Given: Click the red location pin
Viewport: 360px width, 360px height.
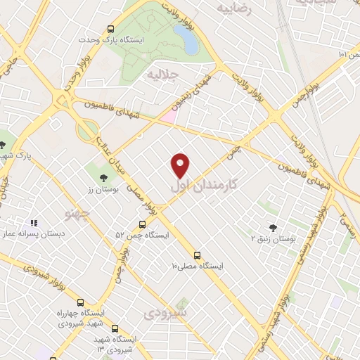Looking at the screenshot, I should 181,165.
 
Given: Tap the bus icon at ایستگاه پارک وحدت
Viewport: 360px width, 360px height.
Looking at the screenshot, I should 110,29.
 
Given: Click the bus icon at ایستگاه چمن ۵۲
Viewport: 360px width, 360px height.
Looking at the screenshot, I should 142,225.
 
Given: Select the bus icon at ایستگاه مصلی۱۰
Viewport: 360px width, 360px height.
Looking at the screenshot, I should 197,255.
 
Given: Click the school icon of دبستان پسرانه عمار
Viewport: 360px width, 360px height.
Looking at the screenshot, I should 33,224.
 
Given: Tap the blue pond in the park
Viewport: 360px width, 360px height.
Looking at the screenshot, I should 188,41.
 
